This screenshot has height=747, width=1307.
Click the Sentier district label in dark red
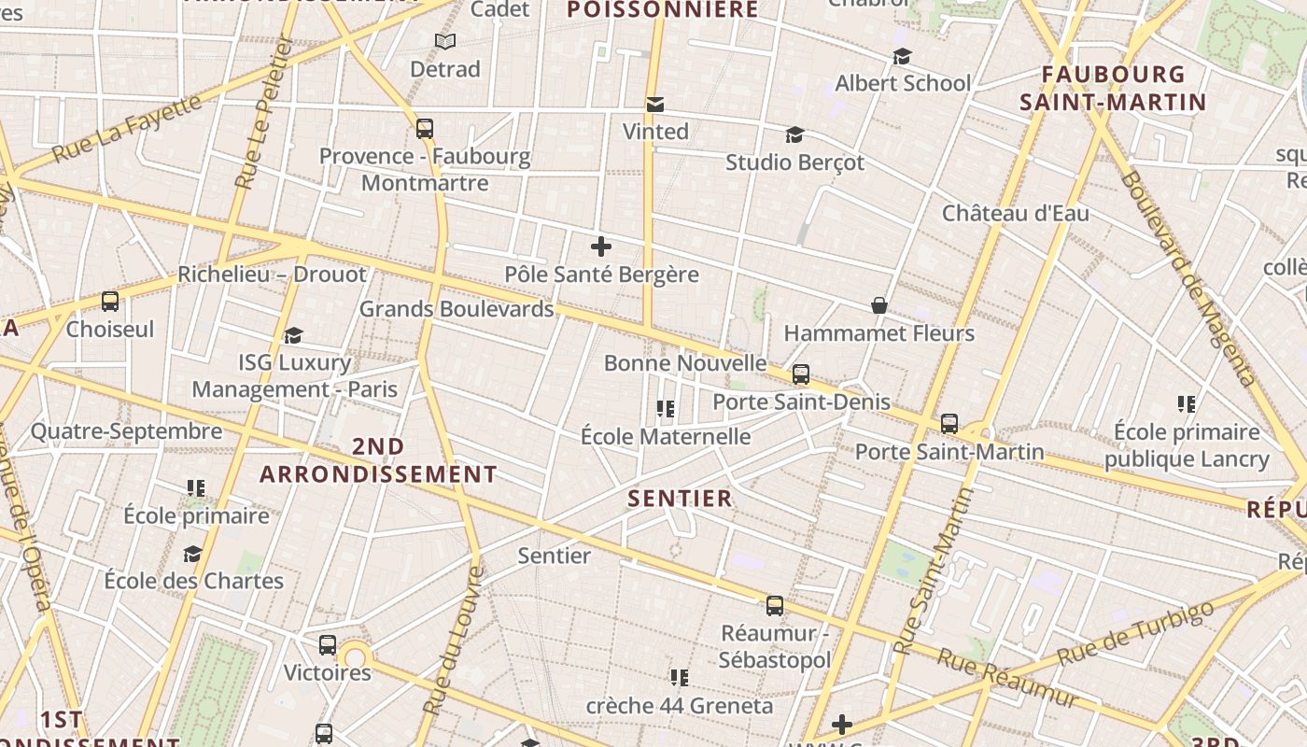(x=680, y=499)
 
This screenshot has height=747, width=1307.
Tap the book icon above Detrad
(x=445, y=42)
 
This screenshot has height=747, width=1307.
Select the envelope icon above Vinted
(x=655, y=105)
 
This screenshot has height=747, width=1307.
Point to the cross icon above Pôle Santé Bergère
(x=601, y=247)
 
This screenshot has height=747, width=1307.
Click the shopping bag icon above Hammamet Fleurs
(x=878, y=305)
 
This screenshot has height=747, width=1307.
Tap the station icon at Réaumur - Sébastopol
(x=775, y=606)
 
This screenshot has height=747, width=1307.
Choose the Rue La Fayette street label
(x=127, y=128)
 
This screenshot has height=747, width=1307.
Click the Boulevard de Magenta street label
(x=1189, y=278)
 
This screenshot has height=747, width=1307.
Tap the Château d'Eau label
(x=1015, y=213)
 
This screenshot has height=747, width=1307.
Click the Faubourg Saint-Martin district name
(x=1113, y=88)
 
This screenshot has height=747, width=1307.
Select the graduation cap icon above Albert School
(x=902, y=57)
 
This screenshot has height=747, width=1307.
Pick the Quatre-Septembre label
(x=127, y=431)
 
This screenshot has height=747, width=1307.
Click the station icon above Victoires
(x=328, y=645)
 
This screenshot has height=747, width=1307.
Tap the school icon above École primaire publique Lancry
(x=1187, y=404)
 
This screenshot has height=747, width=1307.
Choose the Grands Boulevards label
(x=457, y=308)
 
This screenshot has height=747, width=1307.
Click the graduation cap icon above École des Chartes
(x=193, y=554)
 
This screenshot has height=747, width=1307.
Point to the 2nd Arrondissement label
(x=378, y=460)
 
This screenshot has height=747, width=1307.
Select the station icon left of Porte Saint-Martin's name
(x=949, y=424)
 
